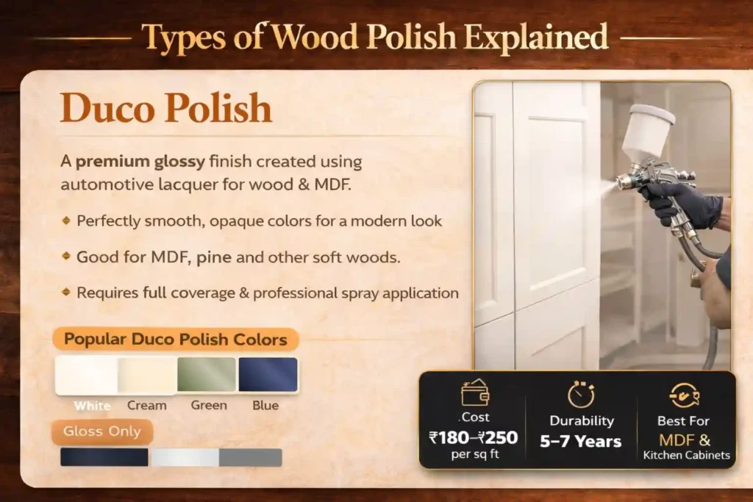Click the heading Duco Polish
(166, 109)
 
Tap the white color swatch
(86, 375)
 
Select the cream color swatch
(147, 375)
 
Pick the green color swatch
(207, 375)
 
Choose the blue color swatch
(268, 375)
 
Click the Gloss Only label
(102, 431)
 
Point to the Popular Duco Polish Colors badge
(175, 340)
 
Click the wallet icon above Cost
(474, 395)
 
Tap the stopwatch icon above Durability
(581, 395)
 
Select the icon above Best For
(684, 395)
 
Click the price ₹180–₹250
(473, 438)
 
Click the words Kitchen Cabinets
(687, 456)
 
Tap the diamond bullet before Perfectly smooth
(66, 220)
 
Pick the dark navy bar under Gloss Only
(104, 457)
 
